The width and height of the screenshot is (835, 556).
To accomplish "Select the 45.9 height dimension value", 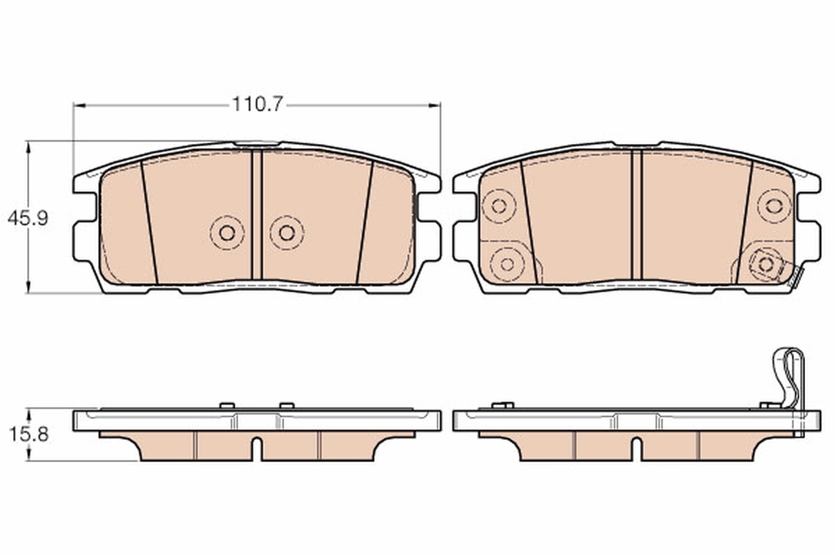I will click(x=27, y=218).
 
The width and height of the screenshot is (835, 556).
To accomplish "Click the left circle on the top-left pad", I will click(x=227, y=233).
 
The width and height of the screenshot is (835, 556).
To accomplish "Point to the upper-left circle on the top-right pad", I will click(x=498, y=206).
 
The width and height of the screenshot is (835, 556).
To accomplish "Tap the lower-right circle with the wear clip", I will click(x=766, y=264).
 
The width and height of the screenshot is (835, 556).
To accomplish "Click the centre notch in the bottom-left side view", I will click(x=257, y=448).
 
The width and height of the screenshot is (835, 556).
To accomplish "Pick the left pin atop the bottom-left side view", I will click(x=225, y=405).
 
